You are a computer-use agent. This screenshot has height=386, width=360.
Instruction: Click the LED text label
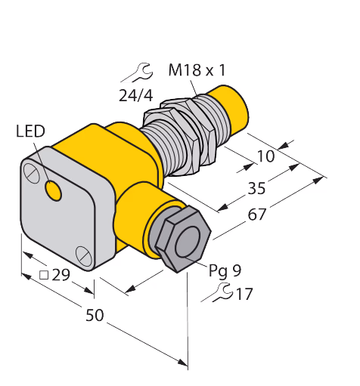[x=30, y=131]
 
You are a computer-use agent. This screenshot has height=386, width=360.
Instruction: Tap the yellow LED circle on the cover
[x=53, y=190]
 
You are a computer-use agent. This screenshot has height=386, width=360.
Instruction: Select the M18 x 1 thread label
[x=197, y=70]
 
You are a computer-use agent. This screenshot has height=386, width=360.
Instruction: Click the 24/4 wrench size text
[x=136, y=96]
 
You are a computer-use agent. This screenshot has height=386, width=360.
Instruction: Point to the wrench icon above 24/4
[x=137, y=73]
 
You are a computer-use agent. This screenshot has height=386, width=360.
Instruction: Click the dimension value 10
[x=265, y=156]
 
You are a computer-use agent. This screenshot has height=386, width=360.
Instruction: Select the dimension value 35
[x=256, y=188]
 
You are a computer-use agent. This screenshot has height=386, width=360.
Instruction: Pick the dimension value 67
[x=257, y=215]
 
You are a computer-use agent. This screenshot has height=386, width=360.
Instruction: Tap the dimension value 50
[x=95, y=315]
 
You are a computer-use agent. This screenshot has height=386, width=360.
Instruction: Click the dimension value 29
[x=61, y=275]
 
